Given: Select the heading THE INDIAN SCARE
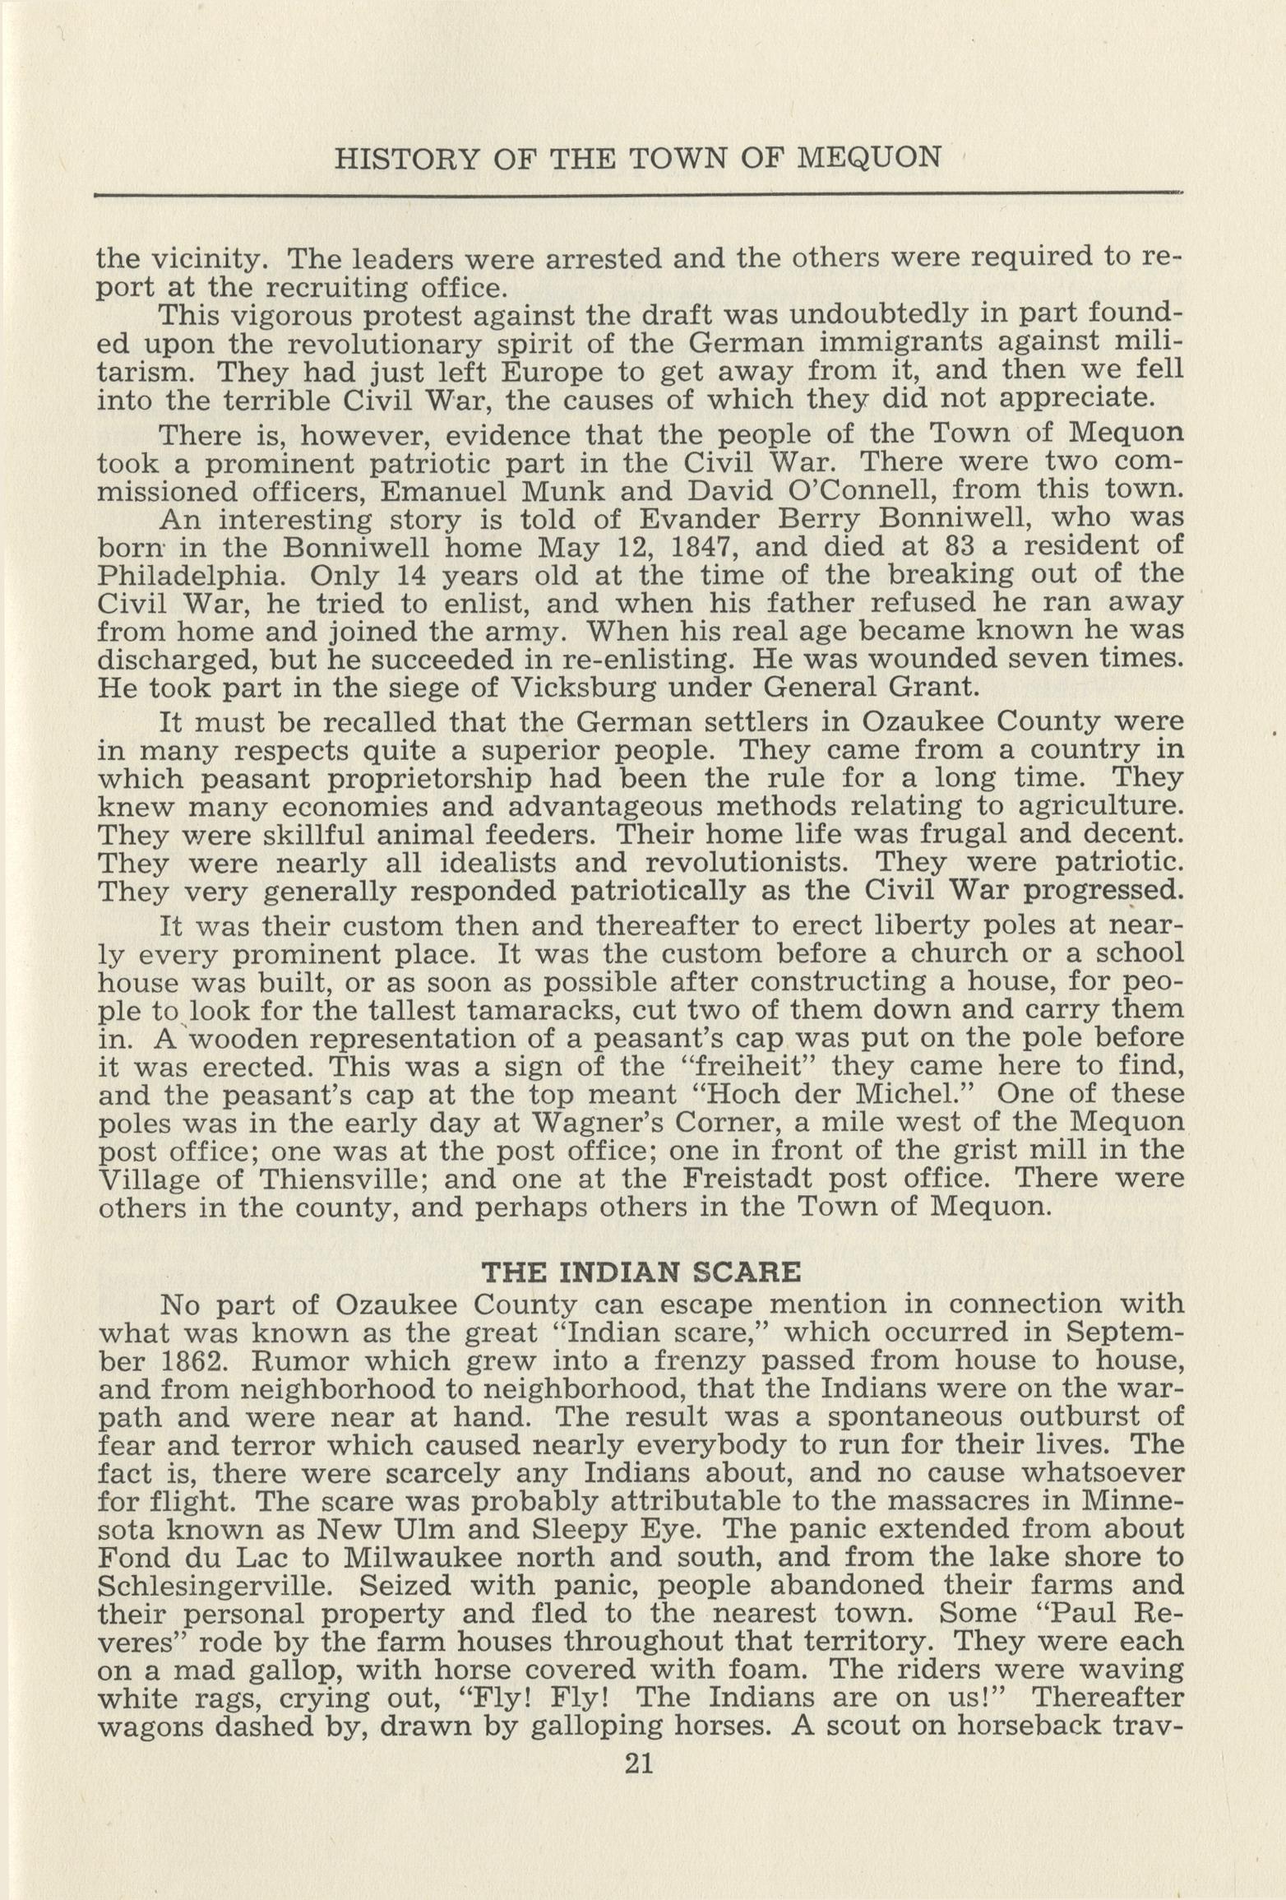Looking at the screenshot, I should (641, 1274).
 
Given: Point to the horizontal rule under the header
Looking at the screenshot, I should (638, 195).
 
